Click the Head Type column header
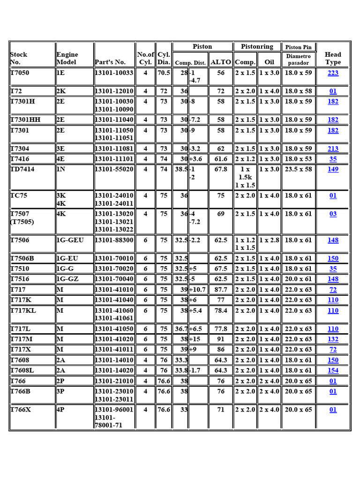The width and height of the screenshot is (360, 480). point(333,58)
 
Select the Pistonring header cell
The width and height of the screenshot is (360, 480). point(256,46)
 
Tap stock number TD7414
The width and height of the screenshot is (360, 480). point(22,169)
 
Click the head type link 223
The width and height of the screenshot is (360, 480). point(333,73)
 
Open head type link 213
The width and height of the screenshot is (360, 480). point(333,149)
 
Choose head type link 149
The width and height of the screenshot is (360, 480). point(333,169)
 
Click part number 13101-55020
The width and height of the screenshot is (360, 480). point(114,169)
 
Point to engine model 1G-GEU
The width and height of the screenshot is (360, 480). point(70,240)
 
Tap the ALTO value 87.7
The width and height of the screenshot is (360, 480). point(221,290)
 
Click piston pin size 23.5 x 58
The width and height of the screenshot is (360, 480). point(298,169)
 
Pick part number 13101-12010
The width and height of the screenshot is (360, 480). point(114,91)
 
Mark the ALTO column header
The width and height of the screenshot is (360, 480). point(221,62)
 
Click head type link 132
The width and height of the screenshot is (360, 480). point(333,339)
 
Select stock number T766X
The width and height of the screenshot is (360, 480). point(22,409)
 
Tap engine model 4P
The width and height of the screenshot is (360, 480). point(61,409)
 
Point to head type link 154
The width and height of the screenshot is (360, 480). point(333,370)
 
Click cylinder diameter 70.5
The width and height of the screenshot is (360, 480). point(164,73)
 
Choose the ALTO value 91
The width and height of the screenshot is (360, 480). point(221,339)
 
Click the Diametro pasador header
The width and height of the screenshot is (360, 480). point(299,59)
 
